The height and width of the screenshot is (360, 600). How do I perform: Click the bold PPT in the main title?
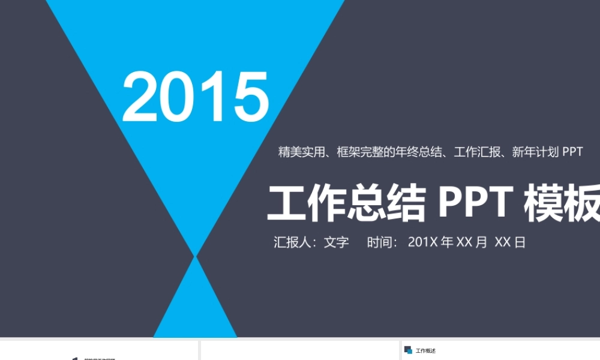[474, 203]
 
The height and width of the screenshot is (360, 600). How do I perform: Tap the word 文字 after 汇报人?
[336, 242]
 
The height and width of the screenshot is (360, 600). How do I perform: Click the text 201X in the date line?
[423, 242]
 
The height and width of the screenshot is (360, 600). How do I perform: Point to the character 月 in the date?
[481, 242]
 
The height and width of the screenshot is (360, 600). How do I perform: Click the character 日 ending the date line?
[520, 242]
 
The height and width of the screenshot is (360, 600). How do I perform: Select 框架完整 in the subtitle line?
[359, 152]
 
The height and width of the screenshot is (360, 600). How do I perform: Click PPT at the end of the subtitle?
[572, 152]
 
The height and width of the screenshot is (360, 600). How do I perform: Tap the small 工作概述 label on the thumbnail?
[425, 351]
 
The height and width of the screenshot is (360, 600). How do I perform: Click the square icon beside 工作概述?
[408, 350]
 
